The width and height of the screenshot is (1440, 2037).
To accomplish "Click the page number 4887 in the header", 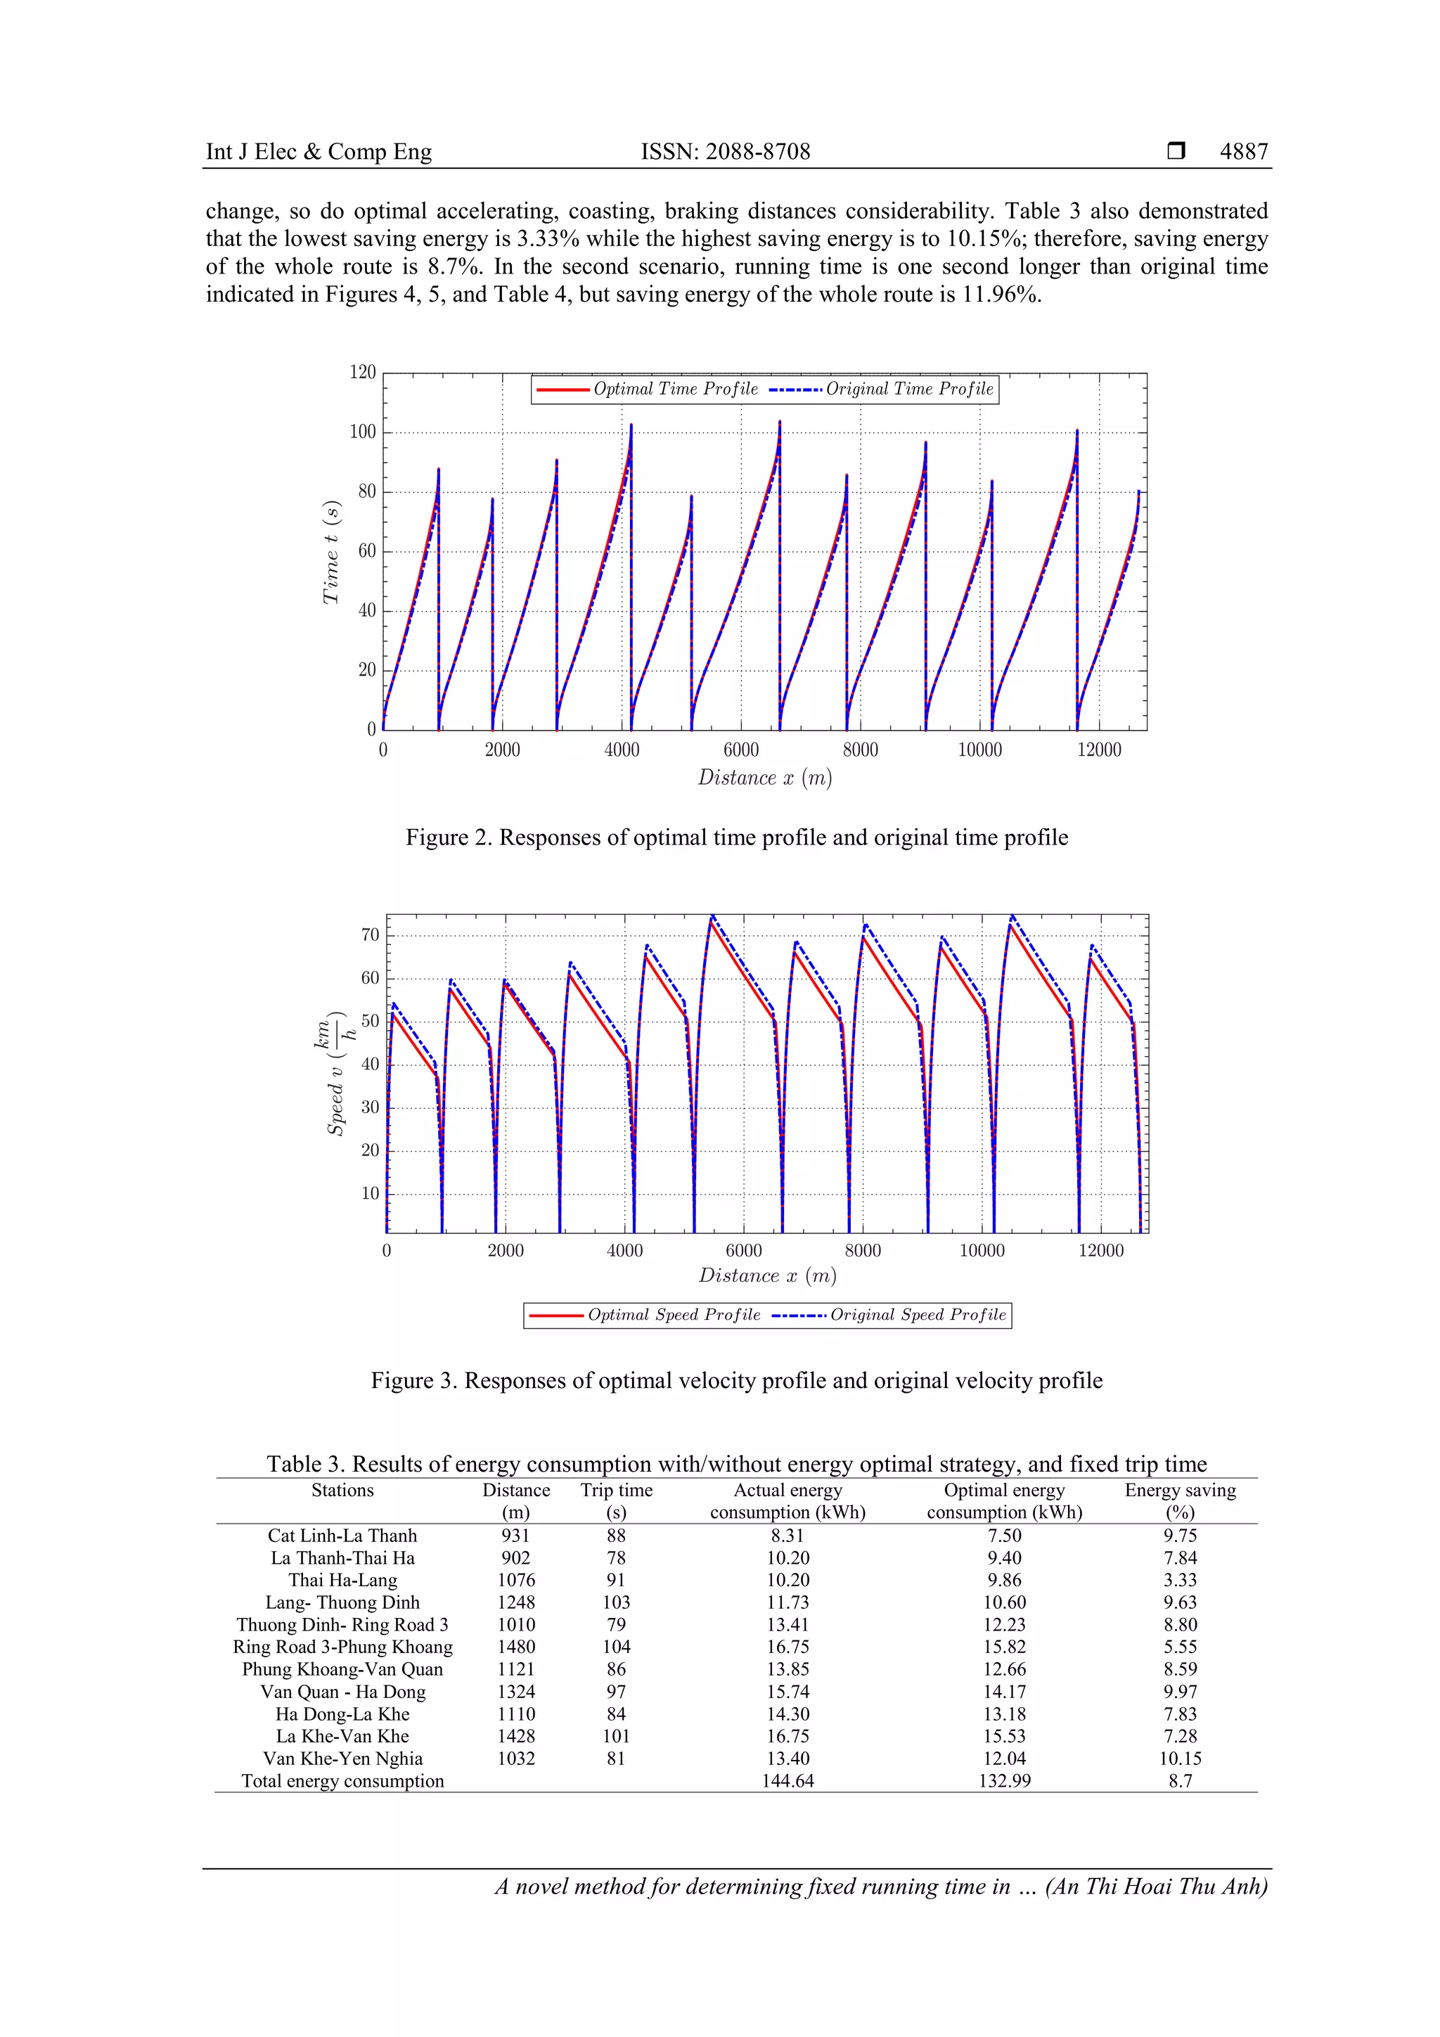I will pyautogui.click(x=1243, y=152).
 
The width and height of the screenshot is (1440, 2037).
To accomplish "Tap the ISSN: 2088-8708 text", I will pyautogui.click(x=725, y=152).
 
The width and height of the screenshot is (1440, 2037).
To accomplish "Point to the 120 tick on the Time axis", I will pyautogui.click(x=363, y=372).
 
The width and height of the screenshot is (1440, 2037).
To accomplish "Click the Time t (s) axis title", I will pyautogui.click(x=331, y=553).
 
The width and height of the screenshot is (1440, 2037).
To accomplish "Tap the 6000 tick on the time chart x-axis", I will pyautogui.click(x=741, y=750).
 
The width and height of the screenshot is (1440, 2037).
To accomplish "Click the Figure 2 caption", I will pyautogui.click(x=736, y=837).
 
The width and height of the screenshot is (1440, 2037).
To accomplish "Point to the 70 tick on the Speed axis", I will pyautogui.click(x=369, y=935).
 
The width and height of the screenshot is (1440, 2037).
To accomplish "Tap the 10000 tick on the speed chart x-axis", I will pyautogui.click(x=982, y=1251).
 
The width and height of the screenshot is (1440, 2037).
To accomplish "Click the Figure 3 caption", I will pyautogui.click(x=736, y=1380).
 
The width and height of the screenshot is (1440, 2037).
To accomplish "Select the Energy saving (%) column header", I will pyautogui.click(x=1180, y=1501).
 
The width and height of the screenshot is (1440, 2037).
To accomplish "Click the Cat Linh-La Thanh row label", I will pyautogui.click(x=342, y=1536).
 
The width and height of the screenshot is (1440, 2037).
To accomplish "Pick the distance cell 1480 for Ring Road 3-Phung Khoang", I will pyautogui.click(x=515, y=1647).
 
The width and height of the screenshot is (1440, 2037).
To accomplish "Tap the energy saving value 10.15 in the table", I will pyautogui.click(x=1180, y=1759).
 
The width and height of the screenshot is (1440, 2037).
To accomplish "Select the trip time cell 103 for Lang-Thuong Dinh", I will pyautogui.click(x=616, y=1602).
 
